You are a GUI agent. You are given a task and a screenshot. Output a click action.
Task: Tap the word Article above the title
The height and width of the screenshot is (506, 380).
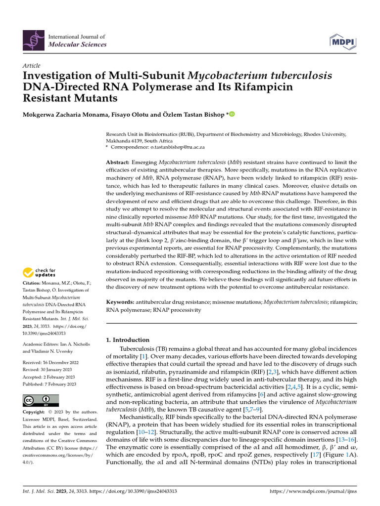pyautogui.click(x=32, y=66)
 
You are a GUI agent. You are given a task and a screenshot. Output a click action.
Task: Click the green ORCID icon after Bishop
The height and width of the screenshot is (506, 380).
pyautogui.click(x=231, y=115)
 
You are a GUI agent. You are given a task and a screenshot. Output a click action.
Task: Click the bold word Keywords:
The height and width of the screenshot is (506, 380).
pyautogui.click(x=121, y=302)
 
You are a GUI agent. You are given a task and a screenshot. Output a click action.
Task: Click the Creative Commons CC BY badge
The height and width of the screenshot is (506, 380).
pyautogui.click(x=41, y=400)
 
